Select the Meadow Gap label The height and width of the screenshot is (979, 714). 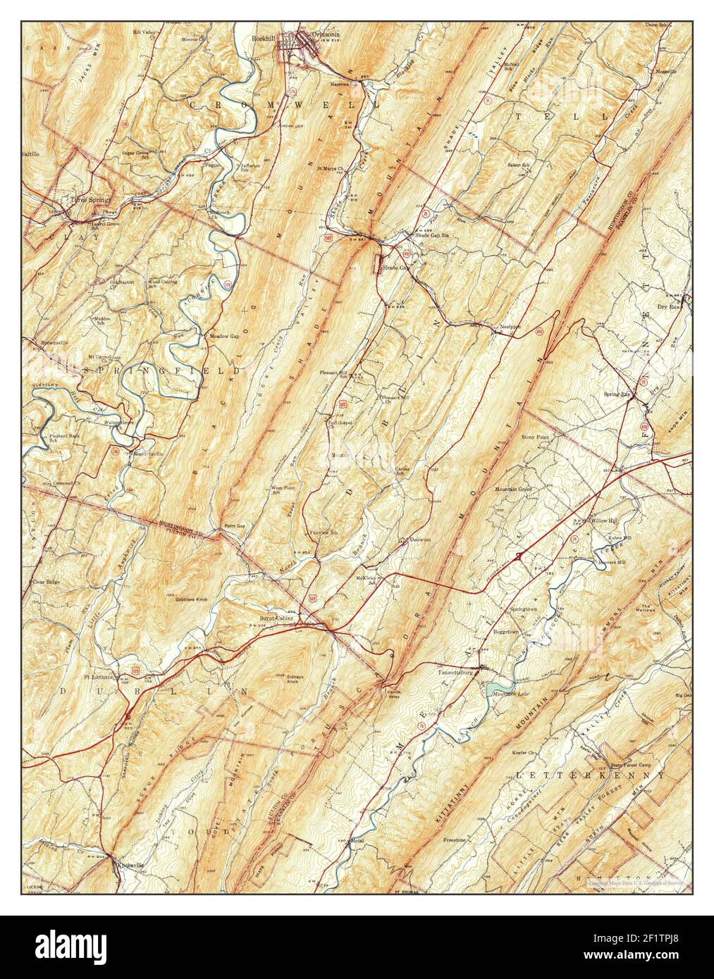point(223,336)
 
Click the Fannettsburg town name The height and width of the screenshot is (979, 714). point(460,673)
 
